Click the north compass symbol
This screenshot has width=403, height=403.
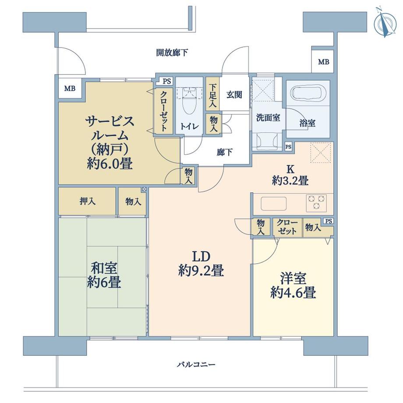384,22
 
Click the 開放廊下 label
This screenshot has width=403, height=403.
172,53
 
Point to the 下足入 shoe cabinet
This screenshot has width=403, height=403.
212,96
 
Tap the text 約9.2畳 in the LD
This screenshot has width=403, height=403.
201,271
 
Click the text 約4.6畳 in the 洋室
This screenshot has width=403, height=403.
293,292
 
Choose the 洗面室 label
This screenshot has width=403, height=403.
268,117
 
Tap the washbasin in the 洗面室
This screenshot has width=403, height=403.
267,140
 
